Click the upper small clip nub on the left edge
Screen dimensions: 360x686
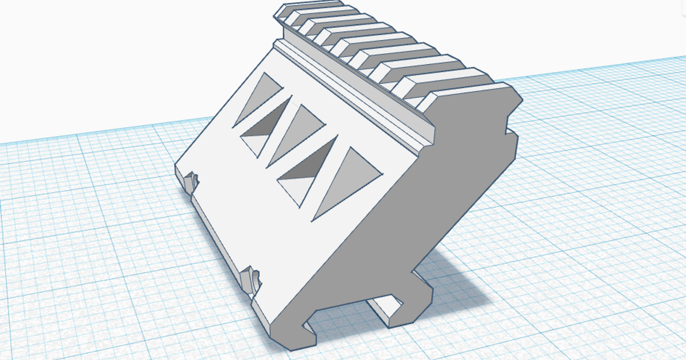click(191, 182)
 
